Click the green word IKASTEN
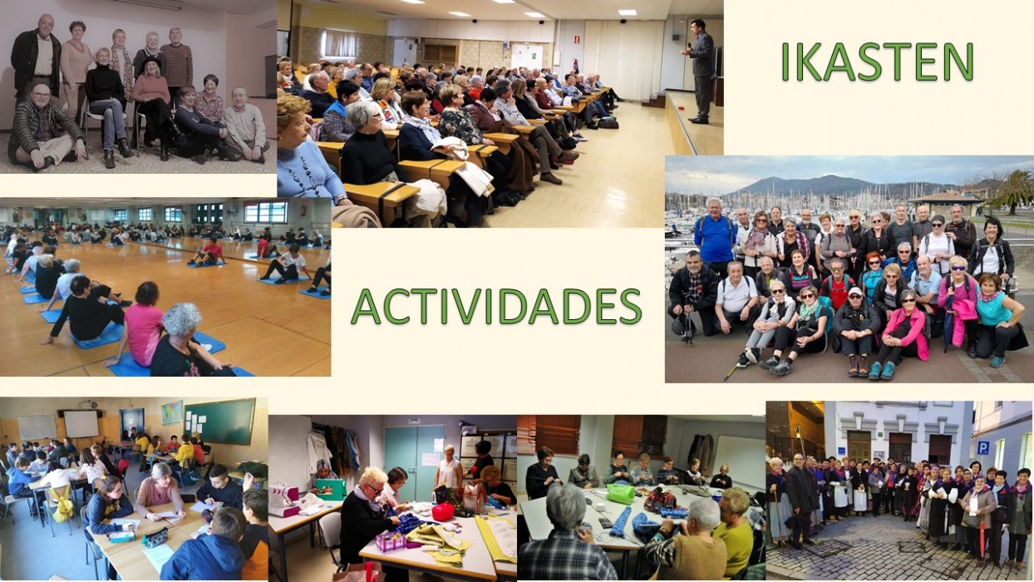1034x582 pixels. pyautogui.click(x=877, y=62)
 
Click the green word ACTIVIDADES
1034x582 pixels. pyautogui.click(x=496, y=307)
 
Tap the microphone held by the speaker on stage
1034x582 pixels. pyautogui.click(x=689, y=47)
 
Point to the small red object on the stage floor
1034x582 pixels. pyautogui.click(x=681, y=110)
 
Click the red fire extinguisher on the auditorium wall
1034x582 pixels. pyautogui.click(x=575, y=66)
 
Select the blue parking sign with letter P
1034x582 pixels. pyautogui.click(x=982, y=447)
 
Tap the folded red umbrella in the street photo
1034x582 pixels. pyautogui.click(x=981, y=545)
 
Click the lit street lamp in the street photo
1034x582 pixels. pyautogui.click(x=798, y=432)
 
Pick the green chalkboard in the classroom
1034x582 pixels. pyautogui.click(x=219, y=422)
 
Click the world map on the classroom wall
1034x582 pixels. pyautogui.click(x=172, y=412)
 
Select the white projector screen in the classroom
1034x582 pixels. pyautogui.click(x=81, y=424)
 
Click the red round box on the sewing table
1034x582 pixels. pyautogui.click(x=443, y=512)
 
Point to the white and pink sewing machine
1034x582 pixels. pyautogui.click(x=285, y=501)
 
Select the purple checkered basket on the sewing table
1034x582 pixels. pyautogui.click(x=391, y=541)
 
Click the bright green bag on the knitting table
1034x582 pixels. pyautogui.click(x=621, y=494)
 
